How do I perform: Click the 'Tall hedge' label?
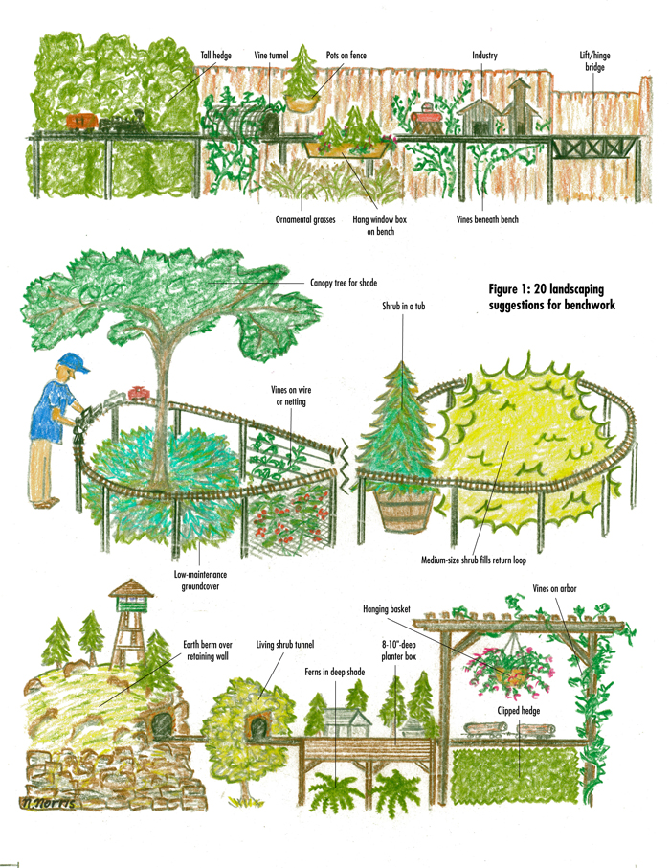click(215, 56)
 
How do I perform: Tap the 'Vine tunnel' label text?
click(271, 56)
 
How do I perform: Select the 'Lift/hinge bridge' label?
click(594, 61)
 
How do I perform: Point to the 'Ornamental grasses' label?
click(305, 219)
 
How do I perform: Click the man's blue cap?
click(73, 362)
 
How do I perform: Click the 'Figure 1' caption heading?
click(551, 297)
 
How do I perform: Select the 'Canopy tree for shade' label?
click(344, 283)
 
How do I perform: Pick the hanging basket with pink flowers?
click(509, 668)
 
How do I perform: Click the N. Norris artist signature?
click(47, 803)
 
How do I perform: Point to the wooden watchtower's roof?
click(131, 588)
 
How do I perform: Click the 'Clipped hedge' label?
click(519, 711)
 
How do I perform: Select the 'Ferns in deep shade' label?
click(335, 672)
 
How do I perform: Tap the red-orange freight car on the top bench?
click(82, 123)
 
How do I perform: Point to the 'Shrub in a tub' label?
click(403, 307)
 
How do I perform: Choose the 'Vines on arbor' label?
click(554, 589)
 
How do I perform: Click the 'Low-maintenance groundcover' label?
click(200, 581)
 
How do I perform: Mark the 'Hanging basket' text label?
click(387, 609)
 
